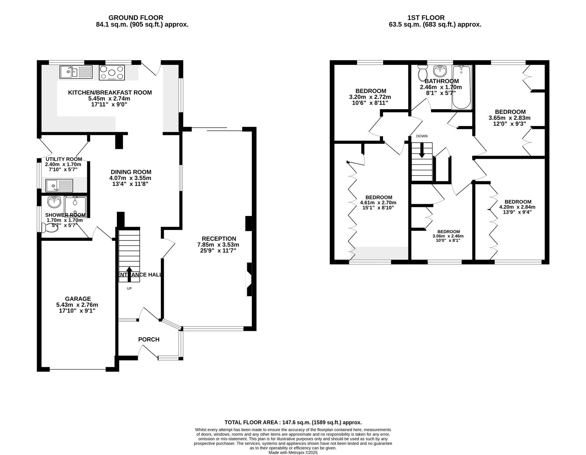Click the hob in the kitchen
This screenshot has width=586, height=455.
click(x=112, y=72)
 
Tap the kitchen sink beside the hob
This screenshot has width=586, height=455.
click(x=76, y=72)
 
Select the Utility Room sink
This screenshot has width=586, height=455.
click(x=59, y=186)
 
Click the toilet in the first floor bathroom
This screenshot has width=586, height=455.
click(x=422, y=73)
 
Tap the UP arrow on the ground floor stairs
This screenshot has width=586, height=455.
click(x=129, y=274)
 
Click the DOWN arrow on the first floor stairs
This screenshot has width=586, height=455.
click(x=422, y=150)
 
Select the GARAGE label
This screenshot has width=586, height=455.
click(x=78, y=299)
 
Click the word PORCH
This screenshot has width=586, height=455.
click(x=149, y=339)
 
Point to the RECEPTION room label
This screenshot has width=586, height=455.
click(x=219, y=239)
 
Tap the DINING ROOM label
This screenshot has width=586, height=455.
click(x=131, y=172)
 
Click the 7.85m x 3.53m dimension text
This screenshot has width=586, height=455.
click(x=218, y=245)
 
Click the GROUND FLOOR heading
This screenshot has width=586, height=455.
click(x=136, y=18)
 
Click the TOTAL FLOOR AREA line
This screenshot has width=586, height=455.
click(x=293, y=422)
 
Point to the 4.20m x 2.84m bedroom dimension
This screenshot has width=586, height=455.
click(x=517, y=207)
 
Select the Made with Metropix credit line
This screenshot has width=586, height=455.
click(x=293, y=452)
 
